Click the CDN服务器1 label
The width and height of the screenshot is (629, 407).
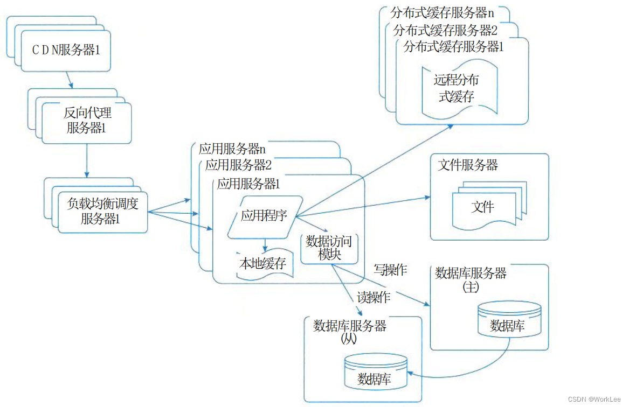[66, 50]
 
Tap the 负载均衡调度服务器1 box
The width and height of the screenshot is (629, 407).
[102, 212]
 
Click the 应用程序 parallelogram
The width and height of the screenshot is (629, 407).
[264, 216]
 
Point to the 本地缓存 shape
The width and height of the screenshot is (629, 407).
[263, 264]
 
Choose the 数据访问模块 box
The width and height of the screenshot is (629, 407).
[329, 248]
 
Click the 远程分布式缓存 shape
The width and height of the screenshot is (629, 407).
[457, 89]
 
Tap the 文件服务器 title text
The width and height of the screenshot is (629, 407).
[468, 165]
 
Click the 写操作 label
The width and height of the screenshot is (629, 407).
[390, 270]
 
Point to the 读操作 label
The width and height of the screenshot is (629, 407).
[374, 297]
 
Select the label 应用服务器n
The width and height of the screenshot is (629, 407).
[232, 149]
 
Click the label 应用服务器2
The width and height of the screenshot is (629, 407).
[238, 165]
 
